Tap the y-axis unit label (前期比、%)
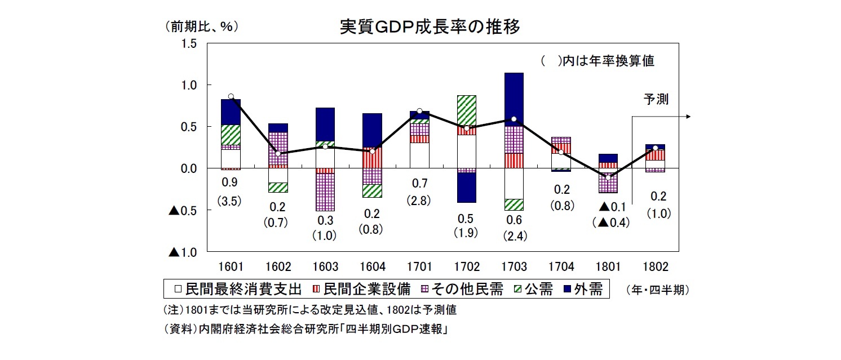[x=200, y=26]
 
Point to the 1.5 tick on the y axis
[x=189, y=43]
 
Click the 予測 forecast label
[x=656, y=100]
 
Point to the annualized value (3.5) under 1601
[x=230, y=202]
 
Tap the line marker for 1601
[x=231, y=96]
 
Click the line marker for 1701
[x=419, y=111]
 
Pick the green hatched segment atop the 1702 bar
[x=466, y=110]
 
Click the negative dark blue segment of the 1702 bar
[x=466, y=187]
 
